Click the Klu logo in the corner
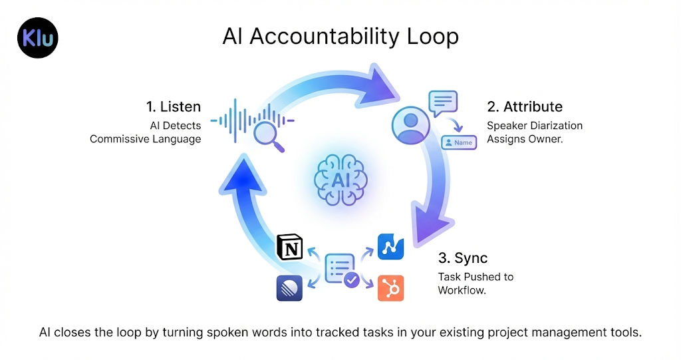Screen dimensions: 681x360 pyautogui.click(x=38, y=38)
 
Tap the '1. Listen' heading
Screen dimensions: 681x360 pyautogui.click(x=173, y=107)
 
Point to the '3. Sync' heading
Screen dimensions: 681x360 pyautogui.click(x=464, y=258)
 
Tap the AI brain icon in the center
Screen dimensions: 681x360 pyautogui.click(x=340, y=178)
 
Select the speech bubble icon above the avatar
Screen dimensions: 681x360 pyautogui.click(x=444, y=104)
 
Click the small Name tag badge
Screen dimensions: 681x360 pyautogui.click(x=459, y=142)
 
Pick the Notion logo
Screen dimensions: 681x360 pyautogui.click(x=290, y=248)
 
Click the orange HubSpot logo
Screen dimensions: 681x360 pyautogui.click(x=390, y=287)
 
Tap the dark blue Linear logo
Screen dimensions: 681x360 pyautogui.click(x=290, y=287)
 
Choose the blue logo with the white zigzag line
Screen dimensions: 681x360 pyautogui.click(x=390, y=247)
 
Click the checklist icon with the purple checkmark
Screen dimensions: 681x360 pyautogui.click(x=341, y=270)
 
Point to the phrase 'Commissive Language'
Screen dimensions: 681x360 pyautogui.click(x=145, y=139)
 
